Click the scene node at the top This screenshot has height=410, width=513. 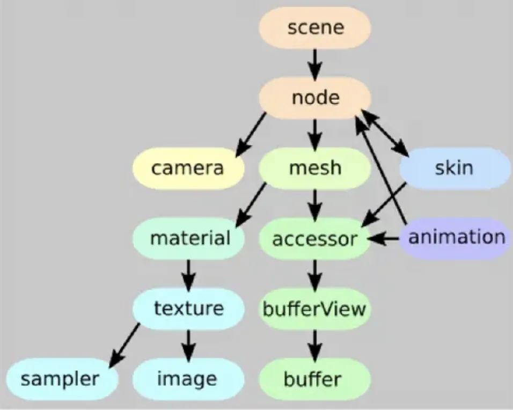point(315,27)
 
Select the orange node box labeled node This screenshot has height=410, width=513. point(315,98)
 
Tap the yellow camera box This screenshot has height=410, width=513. point(188,169)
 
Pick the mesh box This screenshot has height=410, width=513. point(315,169)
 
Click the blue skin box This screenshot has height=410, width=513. point(454,169)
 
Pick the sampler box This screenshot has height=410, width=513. point(60,379)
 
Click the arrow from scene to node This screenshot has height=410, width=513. point(315,62)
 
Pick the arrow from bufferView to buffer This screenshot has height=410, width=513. point(315,344)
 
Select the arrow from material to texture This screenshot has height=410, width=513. point(188,274)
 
